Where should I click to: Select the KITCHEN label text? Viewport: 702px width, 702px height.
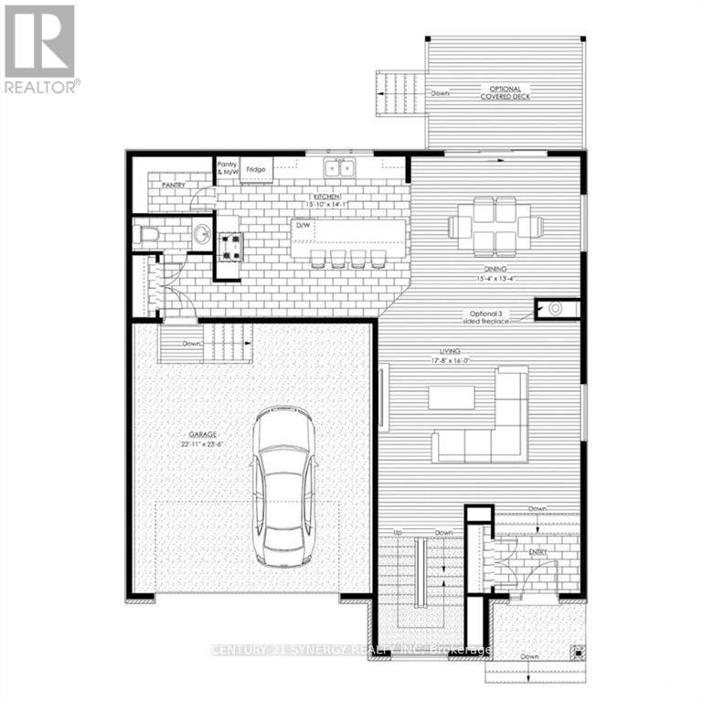(327, 197)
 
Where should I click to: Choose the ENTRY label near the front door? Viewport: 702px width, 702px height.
(537, 552)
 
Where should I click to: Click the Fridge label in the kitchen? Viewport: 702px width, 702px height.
(255, 170)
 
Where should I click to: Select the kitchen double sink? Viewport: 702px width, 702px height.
(342, 168)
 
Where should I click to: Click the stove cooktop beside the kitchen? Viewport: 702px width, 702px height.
(228, 242)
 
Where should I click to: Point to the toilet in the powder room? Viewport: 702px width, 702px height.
(145, 236)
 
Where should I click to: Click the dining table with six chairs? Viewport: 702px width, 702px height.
(495, 225)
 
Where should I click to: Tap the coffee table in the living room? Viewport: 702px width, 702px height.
(452, 397)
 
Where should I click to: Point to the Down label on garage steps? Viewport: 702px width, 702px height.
(191, 344)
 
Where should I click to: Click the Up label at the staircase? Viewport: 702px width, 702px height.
(398, 532)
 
